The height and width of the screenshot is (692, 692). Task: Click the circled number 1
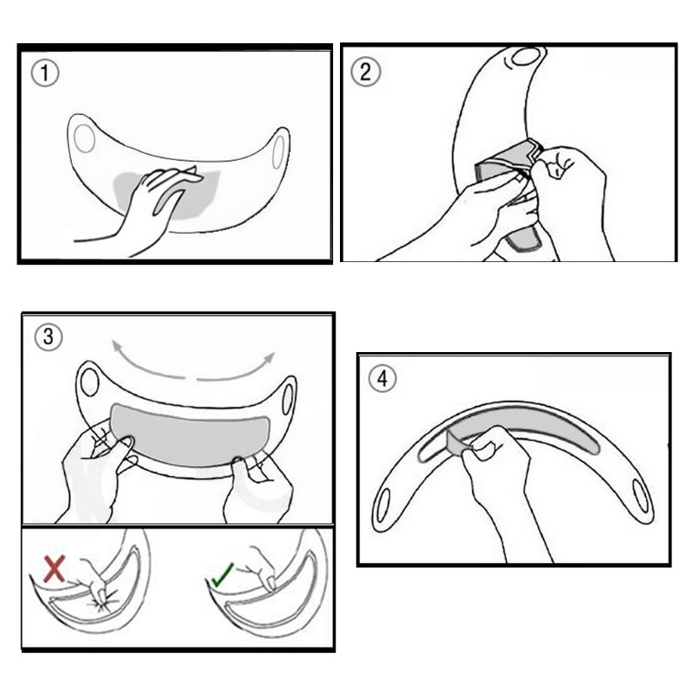tap(45, 74)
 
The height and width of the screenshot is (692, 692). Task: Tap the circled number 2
tap(365, 72)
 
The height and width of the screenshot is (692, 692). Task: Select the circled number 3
tap(48, 337)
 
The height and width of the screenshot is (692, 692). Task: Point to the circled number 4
tap(382, 379)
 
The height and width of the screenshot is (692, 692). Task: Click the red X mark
tap(54, 568)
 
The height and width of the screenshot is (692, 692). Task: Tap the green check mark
tap(222, 574)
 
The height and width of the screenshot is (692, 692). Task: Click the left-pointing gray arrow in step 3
tap(145, 364)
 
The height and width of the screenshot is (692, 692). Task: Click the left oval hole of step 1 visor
tap(84, 138)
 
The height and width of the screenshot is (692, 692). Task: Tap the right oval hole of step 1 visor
tap(279, 152)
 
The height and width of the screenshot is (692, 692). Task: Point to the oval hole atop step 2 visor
tap(526, 56)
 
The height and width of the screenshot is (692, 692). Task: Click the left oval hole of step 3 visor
tap(90, 382)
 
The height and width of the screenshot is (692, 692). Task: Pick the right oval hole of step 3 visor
tap(287, 400)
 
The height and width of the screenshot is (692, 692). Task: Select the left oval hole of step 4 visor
tap(383, 506)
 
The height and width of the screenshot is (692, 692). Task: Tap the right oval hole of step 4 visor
tap(640, 496)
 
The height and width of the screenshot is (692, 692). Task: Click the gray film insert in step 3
tap(189, 435)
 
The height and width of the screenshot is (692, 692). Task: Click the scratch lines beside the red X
tap(104, 603)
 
